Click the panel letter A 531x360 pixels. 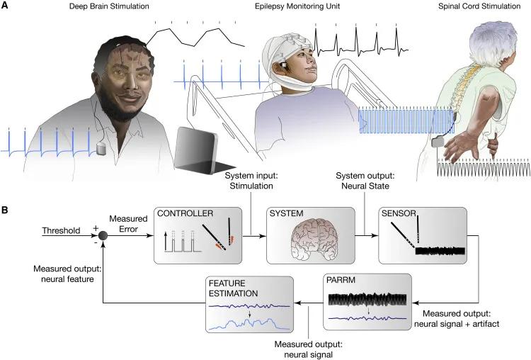click(x=6, y=7)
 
